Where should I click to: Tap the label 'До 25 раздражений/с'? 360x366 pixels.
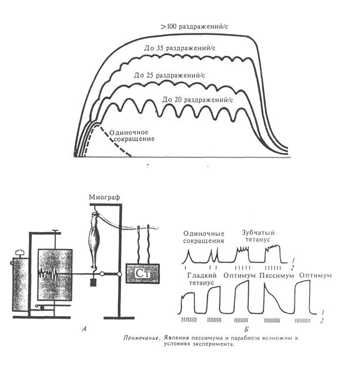click(170, 75)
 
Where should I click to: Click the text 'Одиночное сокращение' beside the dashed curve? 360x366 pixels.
click(133, 135)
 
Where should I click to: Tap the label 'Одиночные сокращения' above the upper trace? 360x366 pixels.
click(204, 237)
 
